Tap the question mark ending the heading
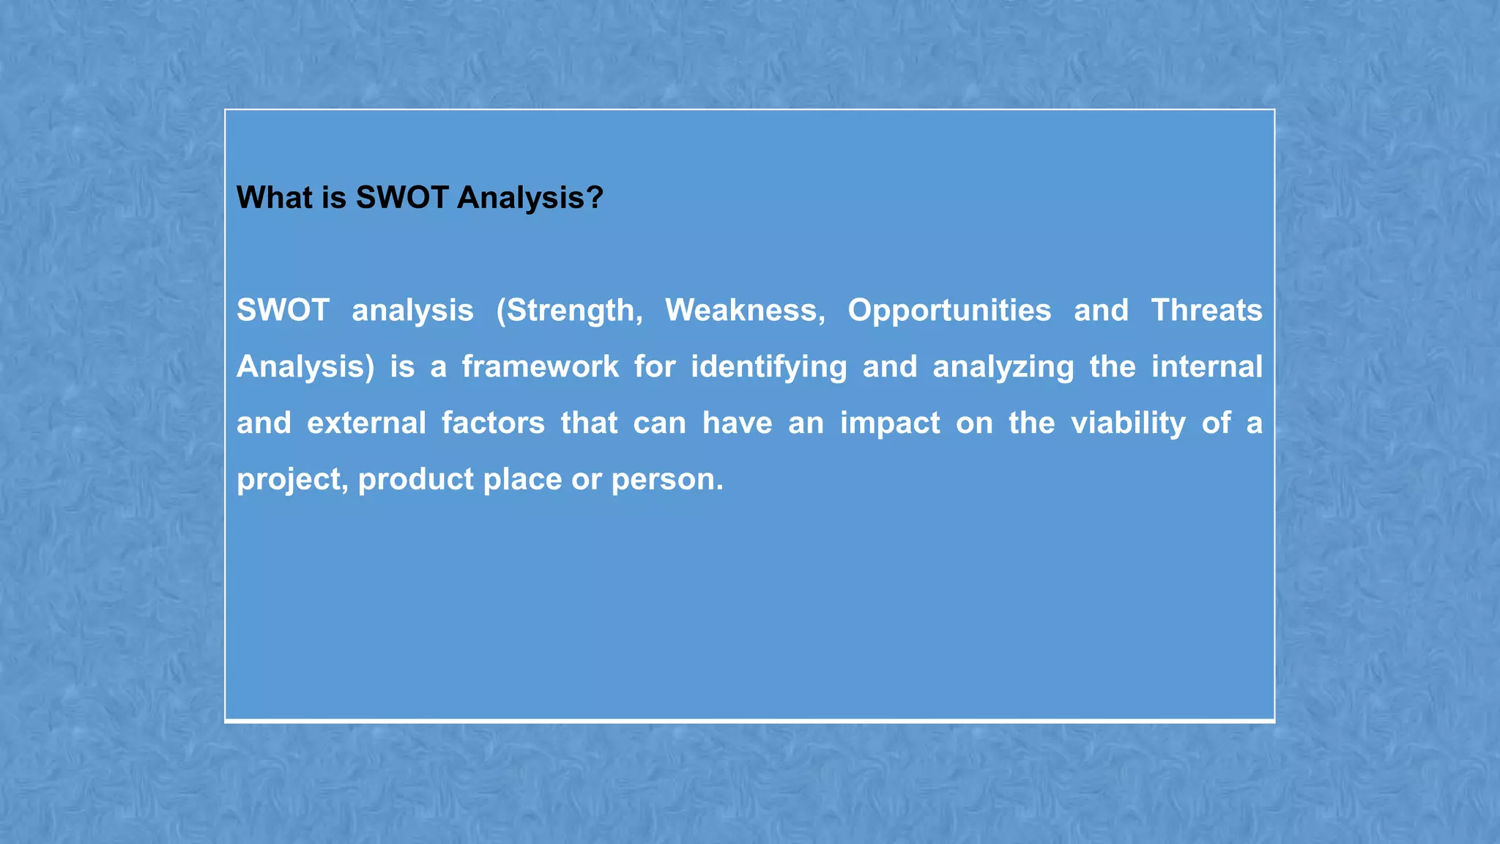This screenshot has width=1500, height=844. (x=595, y=198)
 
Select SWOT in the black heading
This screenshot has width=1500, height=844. (x=402, y=198)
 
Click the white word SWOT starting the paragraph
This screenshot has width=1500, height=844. (x=283, y=311)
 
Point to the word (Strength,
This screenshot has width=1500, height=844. (x=569, y=311)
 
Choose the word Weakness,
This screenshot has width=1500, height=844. (x=745, y=311)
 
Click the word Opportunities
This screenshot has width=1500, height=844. (x=949, y=311)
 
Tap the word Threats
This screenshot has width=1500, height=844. (x=1206, y=311)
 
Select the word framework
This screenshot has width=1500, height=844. (x=540, y=367)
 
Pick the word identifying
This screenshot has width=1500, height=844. (x=768, y=367)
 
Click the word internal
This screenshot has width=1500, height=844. (x=1206, y=367)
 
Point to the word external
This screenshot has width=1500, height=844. (x=366, y=423)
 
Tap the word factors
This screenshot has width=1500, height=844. (x=493, y=423)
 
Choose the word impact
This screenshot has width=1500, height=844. (x=890, y=423)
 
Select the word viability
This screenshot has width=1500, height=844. (x=1128, y=423)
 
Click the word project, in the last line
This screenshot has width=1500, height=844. (x=292, y=480)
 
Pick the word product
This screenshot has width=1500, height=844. (x=416, y=480)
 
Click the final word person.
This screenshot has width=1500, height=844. (x=667, y=480)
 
